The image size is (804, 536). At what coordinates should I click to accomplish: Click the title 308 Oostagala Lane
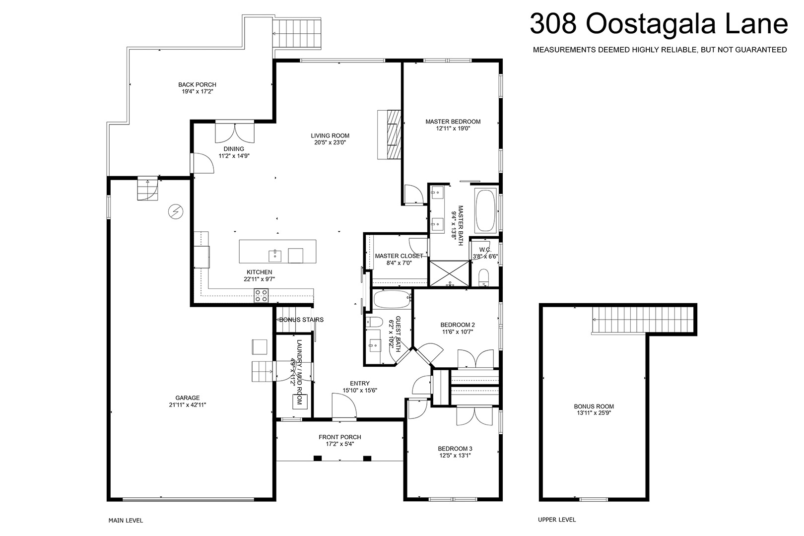(659, 24)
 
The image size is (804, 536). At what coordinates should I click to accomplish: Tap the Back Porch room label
(197, 85)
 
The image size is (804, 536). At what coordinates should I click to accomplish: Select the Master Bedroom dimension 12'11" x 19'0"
(453, 129)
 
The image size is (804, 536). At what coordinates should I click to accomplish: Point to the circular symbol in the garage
(176, 212)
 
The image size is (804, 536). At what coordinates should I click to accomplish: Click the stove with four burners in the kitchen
(261, 295)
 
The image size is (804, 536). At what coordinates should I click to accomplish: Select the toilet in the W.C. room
(484, 277)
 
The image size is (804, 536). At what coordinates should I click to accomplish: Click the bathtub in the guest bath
(392, 299)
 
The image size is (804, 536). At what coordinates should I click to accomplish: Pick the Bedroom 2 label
(457, 325)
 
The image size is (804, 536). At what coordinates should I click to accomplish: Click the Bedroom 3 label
(455, 449)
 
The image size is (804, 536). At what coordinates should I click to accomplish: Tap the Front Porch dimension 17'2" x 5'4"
(339, 444)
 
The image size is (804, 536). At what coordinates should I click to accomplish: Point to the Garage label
(188, 398)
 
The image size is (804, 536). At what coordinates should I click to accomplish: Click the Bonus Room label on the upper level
(594, 406)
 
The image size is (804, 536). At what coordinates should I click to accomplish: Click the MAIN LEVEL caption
(126, 521)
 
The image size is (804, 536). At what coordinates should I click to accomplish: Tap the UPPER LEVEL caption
(557, 520)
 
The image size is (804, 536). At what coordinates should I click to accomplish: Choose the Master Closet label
(399, 256)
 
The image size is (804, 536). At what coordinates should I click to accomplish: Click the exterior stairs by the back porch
(296, 34)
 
